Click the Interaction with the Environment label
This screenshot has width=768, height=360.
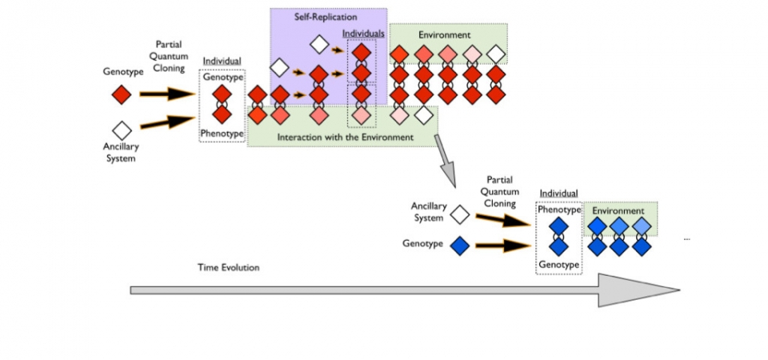pyautogui.click(x=345, y=137)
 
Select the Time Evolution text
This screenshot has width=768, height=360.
pyautogui.click(x=229, y=267)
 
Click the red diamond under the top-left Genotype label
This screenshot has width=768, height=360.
pyautogui.click(x=121, y=94)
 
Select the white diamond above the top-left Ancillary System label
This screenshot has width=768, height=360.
pyautogui.click(x=121, y=129)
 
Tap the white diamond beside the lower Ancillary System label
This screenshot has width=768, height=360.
pyautogui.click(x=459, y=214)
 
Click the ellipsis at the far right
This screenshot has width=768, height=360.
pyautogui.click(x=686, y=239)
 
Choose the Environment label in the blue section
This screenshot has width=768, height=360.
pyautogui.click(x=618, y=211)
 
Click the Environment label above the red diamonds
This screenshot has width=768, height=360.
pyautogui.click(x=445, y=35)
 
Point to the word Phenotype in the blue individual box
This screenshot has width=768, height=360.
pyautogui.click(x=560, y=210)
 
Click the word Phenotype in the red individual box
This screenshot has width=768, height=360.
pyautogui.click(x=222, y=134)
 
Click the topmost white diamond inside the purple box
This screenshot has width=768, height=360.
pyautogui.click(x=319, y=44)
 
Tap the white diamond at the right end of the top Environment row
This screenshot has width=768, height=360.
pyautogui.click(x=496, y=54)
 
